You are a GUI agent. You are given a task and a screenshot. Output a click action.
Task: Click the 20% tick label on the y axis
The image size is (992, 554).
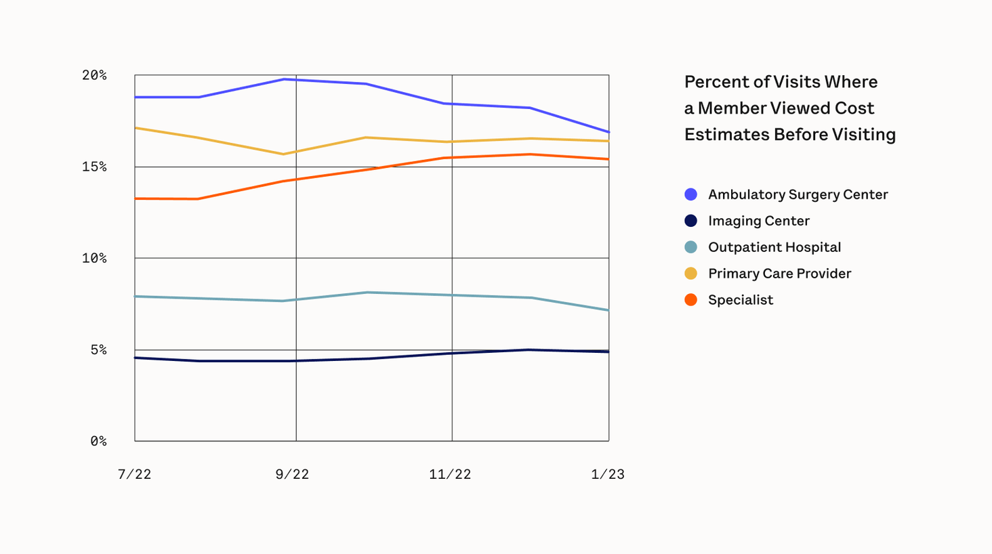[94, 75]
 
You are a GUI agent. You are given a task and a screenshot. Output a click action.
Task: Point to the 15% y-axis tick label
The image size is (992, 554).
[94, 167]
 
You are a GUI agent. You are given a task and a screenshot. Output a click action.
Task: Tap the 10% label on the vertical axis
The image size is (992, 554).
[94, 258]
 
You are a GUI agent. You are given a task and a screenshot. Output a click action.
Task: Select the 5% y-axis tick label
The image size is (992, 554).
[98, 349]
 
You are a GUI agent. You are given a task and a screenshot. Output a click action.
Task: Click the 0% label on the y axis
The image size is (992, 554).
[98, 441]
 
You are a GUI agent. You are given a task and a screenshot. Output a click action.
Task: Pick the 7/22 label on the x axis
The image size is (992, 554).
[134, 474]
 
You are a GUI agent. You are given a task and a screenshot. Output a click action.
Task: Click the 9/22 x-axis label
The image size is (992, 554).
[292, 474]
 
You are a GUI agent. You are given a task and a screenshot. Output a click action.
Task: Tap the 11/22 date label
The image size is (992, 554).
[450, 474]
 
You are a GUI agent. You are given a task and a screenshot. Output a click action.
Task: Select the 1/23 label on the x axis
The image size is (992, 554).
[608, 474]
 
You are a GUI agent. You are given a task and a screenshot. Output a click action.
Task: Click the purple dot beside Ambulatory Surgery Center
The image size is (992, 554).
[690, 194]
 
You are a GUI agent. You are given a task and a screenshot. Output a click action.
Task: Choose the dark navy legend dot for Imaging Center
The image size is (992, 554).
[690, 221]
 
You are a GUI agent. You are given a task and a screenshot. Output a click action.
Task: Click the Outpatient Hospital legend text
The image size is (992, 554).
[774, 247]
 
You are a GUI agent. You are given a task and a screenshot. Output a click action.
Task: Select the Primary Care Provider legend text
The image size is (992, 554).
[779, 274]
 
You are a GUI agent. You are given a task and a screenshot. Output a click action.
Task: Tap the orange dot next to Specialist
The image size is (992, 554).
[690, 300]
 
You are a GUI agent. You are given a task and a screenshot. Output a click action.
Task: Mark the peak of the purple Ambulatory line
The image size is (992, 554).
[285, 79]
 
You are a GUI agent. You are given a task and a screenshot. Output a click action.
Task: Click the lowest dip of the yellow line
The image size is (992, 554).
[283, 154]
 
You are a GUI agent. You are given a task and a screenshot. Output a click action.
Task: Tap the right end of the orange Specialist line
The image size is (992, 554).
[608, 159]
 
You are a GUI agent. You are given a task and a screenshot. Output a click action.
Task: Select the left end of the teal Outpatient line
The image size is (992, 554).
[136, 296]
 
